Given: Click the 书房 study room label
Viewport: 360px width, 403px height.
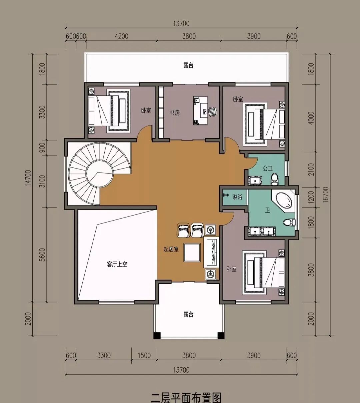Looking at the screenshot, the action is click(175, 113).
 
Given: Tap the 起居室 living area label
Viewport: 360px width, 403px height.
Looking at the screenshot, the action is click(171, 249).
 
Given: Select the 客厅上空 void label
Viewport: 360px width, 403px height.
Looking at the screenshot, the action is click(117, 264).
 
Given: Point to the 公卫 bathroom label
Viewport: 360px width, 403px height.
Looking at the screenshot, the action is click(268, 168).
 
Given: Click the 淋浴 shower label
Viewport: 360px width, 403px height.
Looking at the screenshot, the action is click(237, 197).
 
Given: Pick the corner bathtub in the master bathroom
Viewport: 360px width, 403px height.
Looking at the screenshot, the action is click(283, 201).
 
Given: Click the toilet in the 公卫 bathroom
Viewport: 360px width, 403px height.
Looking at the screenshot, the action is click(275, 179).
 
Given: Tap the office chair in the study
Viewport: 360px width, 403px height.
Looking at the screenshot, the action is click(213, 111).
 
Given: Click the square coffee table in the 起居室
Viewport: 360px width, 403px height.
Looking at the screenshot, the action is click(192, 253).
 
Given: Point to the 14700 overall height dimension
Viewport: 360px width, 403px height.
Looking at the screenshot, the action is click(28, 178).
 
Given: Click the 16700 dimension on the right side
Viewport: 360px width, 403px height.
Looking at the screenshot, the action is click(326, 195).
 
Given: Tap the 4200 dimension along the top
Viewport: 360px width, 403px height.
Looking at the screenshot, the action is click(122, 36).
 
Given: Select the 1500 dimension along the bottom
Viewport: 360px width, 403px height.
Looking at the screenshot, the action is click(144, 355).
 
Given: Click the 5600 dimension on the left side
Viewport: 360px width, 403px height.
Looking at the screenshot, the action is click(42, 255).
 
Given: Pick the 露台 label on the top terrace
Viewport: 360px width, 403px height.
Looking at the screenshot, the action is click(188, 65).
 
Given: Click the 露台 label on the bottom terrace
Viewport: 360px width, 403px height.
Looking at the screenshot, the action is click(188, 315).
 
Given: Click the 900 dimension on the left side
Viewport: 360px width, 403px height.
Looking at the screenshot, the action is click(42, 147).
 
